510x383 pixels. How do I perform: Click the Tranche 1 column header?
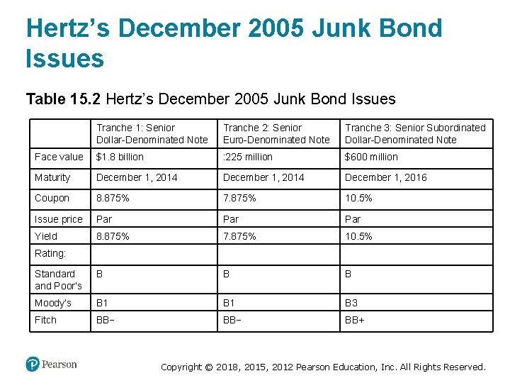(152, 133)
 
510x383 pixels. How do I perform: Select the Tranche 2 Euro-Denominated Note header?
(276, 133)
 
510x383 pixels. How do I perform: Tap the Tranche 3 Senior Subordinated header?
(415, 133)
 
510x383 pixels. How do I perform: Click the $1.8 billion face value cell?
(120, 157)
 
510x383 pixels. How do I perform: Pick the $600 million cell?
(371, 157)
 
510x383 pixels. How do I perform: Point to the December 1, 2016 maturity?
(386, 177)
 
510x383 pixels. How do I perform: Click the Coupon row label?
(52, 198)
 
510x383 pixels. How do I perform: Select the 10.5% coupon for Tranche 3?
(358, 198)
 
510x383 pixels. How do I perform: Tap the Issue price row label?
(58, 219)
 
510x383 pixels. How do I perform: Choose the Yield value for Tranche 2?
(240, 236)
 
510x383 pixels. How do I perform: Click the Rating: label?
(50, 253)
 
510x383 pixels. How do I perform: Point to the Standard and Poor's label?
(58, 279)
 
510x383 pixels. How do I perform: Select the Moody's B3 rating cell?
(351, 303)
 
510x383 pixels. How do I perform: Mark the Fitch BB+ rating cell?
(355, 320)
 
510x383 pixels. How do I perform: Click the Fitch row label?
(45, 320)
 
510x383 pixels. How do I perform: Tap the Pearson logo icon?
(33, 364)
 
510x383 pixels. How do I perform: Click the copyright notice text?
(323, 367)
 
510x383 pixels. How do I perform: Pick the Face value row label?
(59, 157)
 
